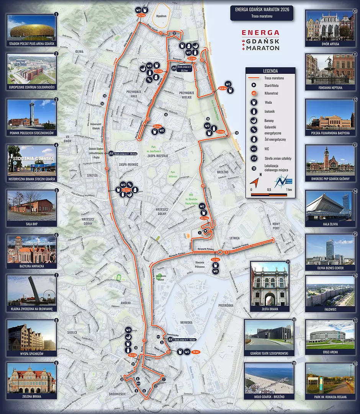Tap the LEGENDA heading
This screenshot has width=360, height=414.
(x=271, y=71)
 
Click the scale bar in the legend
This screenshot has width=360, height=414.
(x=269, y=194)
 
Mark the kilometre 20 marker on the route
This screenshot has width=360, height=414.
(x=106, y=168)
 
